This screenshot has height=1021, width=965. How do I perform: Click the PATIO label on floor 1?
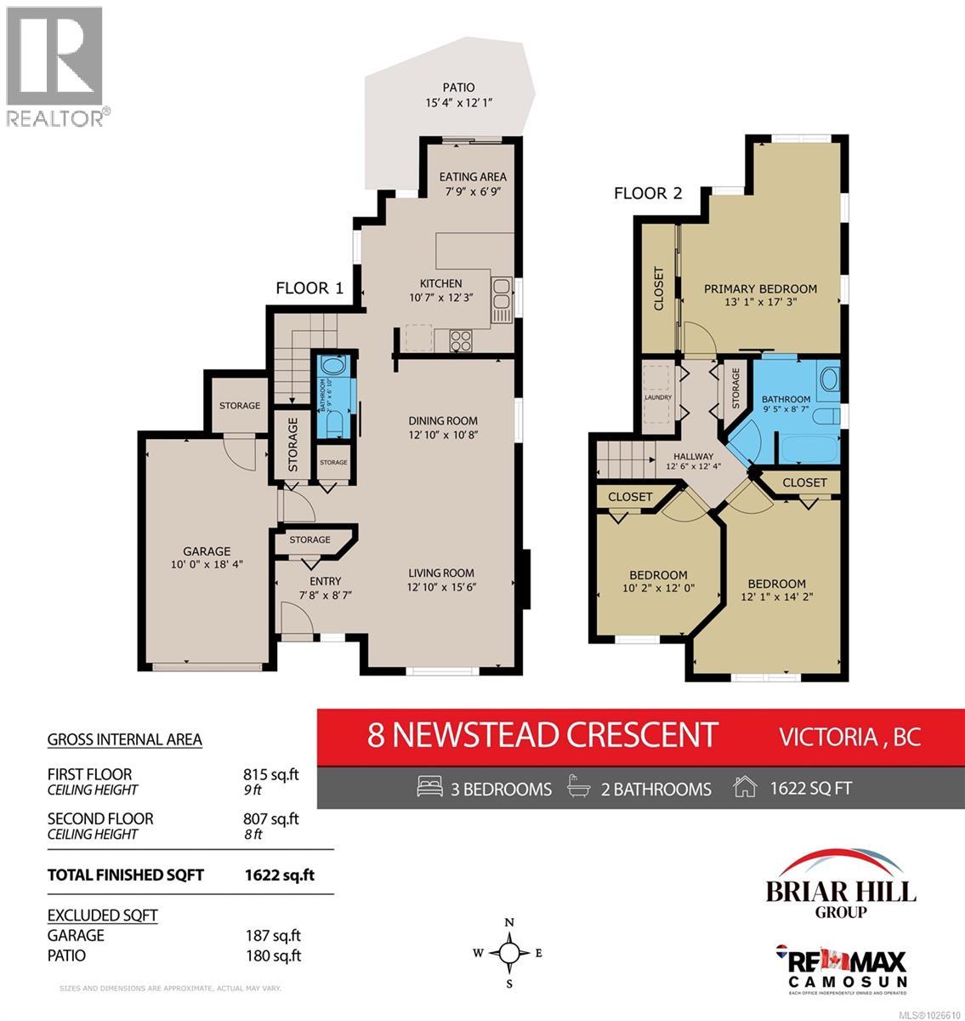(458, 88)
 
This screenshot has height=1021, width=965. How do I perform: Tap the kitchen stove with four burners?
(461, 340)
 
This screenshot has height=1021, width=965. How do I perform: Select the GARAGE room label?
(207, 551)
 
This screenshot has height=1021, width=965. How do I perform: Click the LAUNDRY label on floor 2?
(658, 397)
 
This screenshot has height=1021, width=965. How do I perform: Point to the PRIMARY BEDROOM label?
(760, 288)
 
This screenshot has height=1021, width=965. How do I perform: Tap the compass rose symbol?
(508, 953)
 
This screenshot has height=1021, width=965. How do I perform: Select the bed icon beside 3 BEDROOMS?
(430, 788)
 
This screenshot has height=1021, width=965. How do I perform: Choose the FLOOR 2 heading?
(648, 193)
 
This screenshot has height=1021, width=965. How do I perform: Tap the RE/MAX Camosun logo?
(841, 967)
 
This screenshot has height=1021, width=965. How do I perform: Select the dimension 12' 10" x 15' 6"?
(440, 587)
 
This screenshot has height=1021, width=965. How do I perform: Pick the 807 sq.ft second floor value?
(271, 819)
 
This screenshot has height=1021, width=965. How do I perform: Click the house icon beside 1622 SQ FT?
(744, 788)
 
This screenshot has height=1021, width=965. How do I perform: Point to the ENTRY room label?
(302, 581)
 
